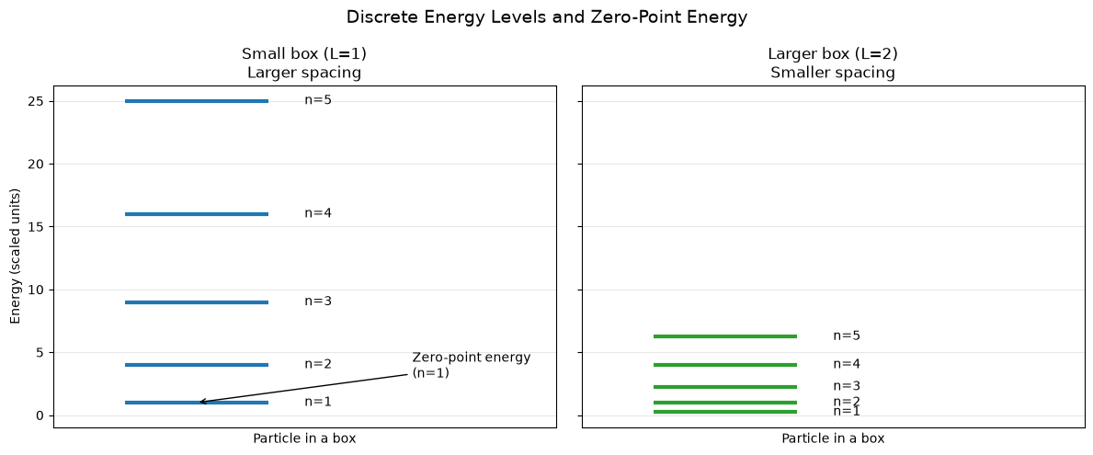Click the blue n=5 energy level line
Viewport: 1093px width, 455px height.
click(x=197, y=101)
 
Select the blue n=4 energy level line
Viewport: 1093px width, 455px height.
click(x=197, y=214)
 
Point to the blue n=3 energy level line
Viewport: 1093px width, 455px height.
click(x=197, y=302)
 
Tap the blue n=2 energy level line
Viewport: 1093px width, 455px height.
click(x=197, y=365)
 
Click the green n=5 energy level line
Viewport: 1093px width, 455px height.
click(x=725, y=336)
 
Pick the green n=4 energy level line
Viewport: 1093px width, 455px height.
click(x=725, y=365)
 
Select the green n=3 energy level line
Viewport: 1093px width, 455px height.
click(x=725, y=387)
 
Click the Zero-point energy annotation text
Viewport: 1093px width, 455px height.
click(x=472, y=365)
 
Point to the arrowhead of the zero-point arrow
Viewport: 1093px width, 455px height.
click(x=201, y=402)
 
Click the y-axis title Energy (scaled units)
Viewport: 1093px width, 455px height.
click(x=16, y=257)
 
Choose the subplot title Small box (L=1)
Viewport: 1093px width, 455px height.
click(x=304, y=54)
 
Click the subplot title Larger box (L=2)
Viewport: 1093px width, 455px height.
click(x=832, y=54)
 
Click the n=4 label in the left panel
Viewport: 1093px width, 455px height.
click(x=318, y=213)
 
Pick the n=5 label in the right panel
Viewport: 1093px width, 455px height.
click(x=847, y=336)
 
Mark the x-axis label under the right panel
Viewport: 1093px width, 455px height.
click(x=832, y=438)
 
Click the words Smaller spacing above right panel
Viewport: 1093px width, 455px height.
click(x=832, y=73)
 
